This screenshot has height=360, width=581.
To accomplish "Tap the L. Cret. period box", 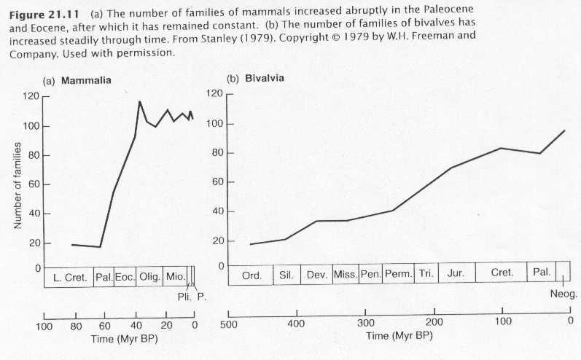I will click(x=69, y=277).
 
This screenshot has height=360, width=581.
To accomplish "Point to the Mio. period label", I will click(x=175, y=277).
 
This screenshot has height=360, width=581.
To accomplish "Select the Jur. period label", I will click(x=456, y=274).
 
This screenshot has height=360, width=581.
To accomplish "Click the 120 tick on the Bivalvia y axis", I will click(x=213, y=93).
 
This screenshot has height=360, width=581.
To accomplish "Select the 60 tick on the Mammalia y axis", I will click(x=33, y=184).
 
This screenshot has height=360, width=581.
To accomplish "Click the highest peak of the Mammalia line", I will click(x=139, y=102).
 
